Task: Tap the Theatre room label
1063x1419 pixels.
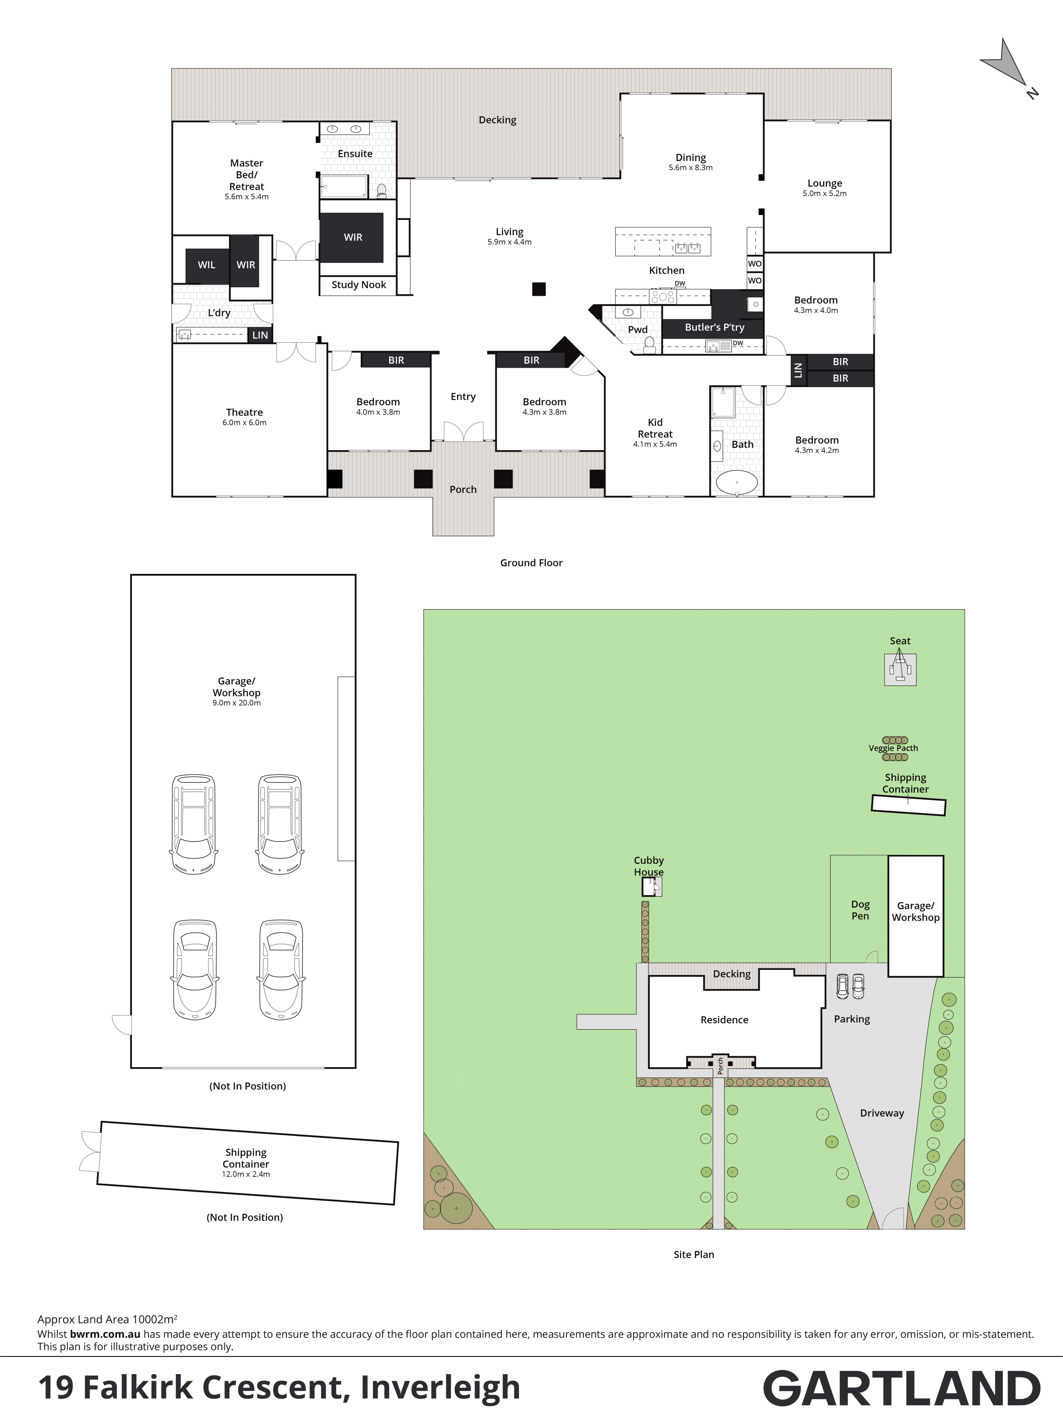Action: (244, 412)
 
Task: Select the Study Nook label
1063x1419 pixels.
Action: (359, 285)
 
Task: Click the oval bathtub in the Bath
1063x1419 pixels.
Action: (736, 483)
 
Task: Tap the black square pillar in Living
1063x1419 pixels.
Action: (539, 289)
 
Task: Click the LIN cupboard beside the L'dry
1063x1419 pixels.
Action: (260, 335)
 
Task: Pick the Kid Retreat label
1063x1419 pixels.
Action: (655, 428)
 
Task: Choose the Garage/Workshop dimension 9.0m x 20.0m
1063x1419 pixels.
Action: (237, 703)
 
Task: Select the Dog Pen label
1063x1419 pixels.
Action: (860, 910)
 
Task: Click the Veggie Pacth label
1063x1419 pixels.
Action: (893, 748)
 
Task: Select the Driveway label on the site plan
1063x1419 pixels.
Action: (882, 1113)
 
